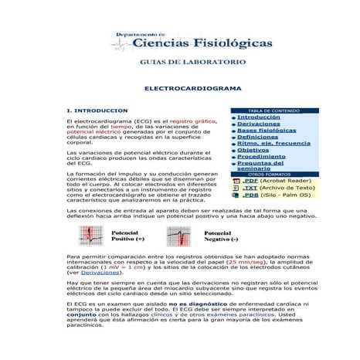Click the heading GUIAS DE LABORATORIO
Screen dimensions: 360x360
coord(193,61)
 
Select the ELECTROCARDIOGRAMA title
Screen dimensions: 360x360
coord(192,89)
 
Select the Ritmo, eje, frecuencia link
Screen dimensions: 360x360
coord(273,143)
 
